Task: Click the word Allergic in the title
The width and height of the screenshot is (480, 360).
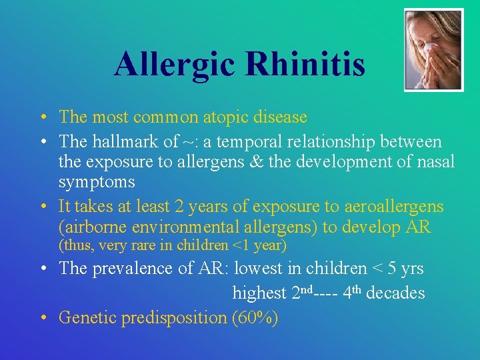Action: click(x=175, y=65)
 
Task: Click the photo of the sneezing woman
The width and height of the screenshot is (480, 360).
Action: click(x=433, y=49)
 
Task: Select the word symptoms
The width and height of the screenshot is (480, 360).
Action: click(x=96, y=181)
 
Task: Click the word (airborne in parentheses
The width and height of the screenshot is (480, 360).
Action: click(x=90, y=227)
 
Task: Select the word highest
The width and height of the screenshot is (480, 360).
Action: click(x=259, y=293)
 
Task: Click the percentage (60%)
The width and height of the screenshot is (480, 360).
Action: click(x=255, y=317)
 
